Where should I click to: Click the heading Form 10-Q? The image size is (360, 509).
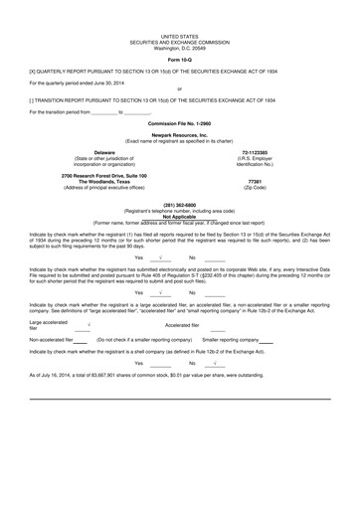pyautogui.click(x=179, y=60)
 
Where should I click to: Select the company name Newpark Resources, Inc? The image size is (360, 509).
pyautogui.click(x=179, y=134)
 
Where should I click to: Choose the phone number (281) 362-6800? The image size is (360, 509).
pyautogui.click(x=179, y=205)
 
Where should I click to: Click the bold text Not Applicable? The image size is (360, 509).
pyautogui.click(x=179, y=216)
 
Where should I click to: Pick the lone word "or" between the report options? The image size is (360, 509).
pyautogui.click(x=179, y=89)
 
